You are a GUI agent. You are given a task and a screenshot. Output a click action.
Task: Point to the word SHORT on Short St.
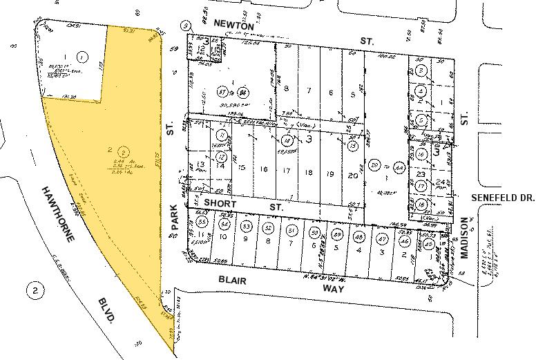pos(220,205)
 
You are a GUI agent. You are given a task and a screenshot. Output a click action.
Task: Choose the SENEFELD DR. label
pos(503,198)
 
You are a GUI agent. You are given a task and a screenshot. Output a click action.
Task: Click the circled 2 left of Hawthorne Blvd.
pos(34,290)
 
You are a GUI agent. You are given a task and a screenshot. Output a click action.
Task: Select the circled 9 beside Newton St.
pos(184,26)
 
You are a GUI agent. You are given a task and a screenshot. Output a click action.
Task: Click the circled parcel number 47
pos(382,237)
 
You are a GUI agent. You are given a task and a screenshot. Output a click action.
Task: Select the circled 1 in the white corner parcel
pos(82,57)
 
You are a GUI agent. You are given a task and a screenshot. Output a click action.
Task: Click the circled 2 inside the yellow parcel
pos(122,151)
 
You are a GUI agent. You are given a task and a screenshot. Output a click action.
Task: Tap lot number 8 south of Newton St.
pos(286,90)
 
